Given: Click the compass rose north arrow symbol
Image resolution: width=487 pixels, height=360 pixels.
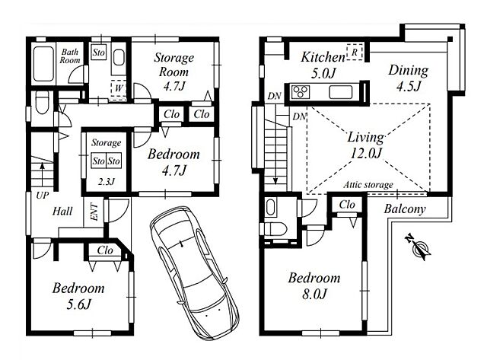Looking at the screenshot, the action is click(418, 247).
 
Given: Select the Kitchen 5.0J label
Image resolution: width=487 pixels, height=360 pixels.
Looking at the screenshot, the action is click(323, 65).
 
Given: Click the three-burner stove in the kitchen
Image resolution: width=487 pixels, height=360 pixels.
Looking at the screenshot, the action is click(301, 91).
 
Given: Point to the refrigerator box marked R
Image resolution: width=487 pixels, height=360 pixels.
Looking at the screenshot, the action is click(355, 52).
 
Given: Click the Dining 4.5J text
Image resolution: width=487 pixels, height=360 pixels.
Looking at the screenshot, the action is click(409, 78).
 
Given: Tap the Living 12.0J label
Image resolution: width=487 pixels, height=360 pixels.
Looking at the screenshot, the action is click(365, 145).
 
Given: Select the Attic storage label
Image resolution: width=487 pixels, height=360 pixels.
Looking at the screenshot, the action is click(368, 185).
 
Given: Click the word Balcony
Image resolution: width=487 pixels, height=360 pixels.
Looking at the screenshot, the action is click(404, 209).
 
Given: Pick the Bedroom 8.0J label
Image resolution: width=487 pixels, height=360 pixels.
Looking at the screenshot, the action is click(314, 285).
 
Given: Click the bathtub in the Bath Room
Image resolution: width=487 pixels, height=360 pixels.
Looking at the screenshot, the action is click(43, 64).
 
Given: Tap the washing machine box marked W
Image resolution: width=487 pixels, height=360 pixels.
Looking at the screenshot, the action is click(119, 88).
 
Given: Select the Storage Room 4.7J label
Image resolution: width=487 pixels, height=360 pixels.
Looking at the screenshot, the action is click(174, 72).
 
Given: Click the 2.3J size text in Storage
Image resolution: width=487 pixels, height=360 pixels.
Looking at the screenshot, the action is click(107, 181).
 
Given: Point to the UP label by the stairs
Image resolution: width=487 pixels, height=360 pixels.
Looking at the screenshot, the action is click(43, 196).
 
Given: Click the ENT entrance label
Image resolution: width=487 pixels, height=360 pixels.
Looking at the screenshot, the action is click(94, 212).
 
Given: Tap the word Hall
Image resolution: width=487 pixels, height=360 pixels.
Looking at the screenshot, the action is click(62, 212).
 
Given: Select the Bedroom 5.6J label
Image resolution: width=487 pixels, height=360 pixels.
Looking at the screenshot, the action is click(78, 296).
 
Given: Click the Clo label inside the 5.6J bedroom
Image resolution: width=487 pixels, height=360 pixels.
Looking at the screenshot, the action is click(105, 250).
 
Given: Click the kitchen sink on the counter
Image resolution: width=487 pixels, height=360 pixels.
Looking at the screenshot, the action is click(341, 92).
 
